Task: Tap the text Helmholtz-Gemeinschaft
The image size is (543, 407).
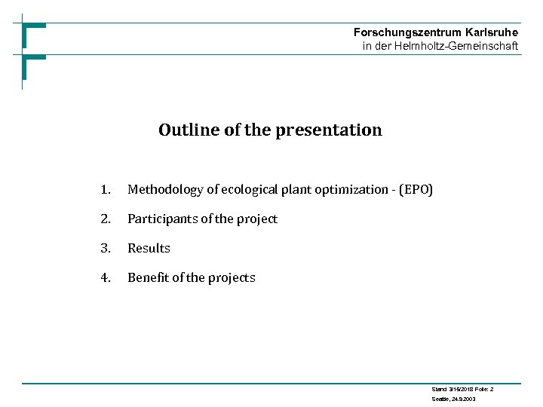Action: click(x=456, y=46)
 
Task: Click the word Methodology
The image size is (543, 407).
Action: click(x=165, y=190)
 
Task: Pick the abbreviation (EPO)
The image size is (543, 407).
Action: click(x=416, y=190)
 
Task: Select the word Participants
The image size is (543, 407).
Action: click(x=161, y=219)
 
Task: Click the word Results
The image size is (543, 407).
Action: click(x=149, y=249)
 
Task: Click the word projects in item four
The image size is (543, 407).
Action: click(x=232, y=278)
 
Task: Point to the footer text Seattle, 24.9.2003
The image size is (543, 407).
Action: click(x=453, y=398)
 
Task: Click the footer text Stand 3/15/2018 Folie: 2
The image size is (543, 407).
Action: click(x=462, y=388)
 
